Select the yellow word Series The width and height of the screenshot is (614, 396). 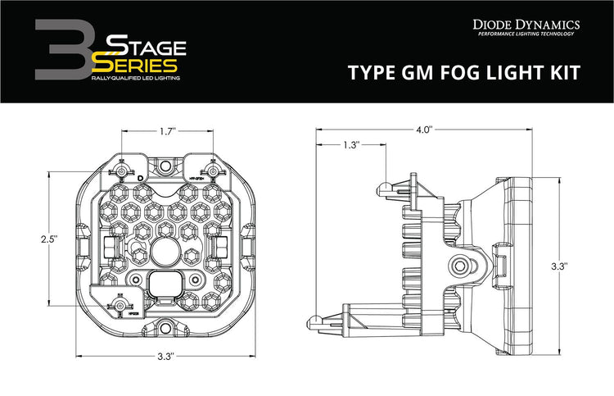(x=136, y=63)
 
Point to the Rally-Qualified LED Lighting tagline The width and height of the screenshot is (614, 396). (x=136, y=77)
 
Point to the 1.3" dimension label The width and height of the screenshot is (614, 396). (x=350, y=145)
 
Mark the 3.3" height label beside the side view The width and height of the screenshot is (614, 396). (x=560, y=266)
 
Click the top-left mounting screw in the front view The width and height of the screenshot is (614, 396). (x=121, y=170)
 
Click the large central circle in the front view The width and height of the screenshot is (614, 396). (x=166, y=250)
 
